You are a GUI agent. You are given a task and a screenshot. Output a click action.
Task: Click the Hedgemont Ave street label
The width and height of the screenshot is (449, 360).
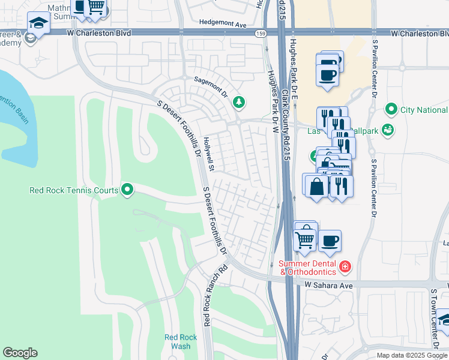223,25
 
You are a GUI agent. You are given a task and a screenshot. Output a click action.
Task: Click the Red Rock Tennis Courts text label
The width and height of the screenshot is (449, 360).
74,191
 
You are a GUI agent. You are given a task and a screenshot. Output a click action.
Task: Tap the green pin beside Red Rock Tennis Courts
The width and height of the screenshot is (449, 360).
127,190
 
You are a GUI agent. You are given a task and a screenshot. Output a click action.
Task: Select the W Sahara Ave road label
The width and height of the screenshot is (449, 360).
328,286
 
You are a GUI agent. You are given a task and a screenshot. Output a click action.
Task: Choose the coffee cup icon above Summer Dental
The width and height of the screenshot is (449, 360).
330,241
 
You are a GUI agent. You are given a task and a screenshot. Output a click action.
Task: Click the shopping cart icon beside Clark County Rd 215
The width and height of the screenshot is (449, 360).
305,239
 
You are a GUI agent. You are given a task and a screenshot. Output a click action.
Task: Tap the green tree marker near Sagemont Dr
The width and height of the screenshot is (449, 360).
239,102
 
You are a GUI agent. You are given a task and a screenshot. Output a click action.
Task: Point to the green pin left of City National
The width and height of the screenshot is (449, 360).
391,109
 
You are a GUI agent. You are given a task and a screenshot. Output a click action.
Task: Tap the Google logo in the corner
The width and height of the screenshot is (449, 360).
20,353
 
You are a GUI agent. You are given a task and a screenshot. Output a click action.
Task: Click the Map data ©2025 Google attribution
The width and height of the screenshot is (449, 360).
412,355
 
